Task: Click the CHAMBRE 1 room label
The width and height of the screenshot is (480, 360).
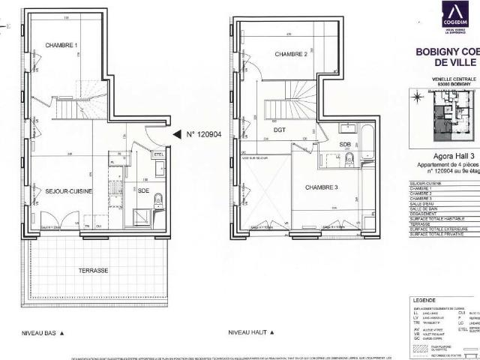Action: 61,46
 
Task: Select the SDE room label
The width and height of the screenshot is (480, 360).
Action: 144,192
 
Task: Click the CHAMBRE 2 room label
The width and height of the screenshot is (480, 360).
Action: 291,55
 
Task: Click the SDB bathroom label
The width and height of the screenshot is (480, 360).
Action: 346,144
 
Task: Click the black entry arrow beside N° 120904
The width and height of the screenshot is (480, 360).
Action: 177,134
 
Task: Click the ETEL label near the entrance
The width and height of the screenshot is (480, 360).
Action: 158,155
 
